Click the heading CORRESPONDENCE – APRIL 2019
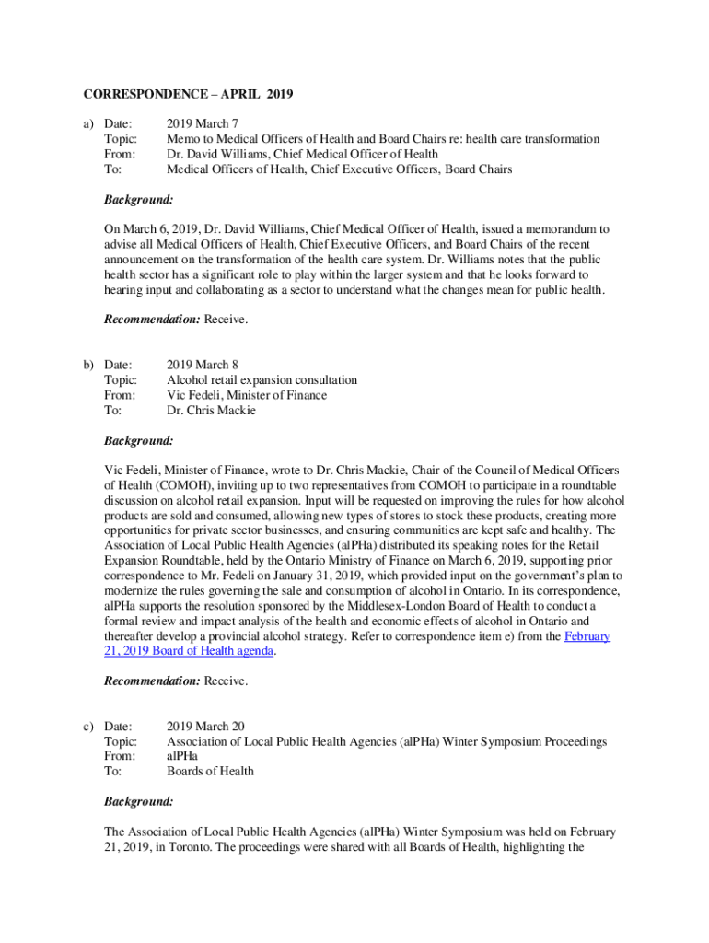188,95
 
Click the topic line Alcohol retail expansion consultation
262,380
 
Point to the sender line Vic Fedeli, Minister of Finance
246,395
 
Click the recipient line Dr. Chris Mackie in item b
211,411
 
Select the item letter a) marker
89,124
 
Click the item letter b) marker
89,365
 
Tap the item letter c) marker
89,727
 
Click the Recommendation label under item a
152,320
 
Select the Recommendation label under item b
152,681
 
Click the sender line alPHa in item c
181,756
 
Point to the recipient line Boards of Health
210,771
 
